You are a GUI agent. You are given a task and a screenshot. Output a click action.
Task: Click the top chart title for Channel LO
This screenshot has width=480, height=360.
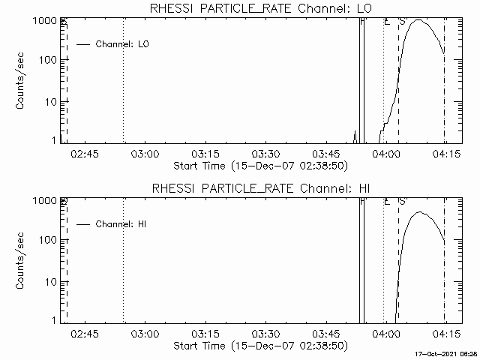click(x=259, y=8)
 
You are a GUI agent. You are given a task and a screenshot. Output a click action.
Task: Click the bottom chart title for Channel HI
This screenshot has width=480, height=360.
click(x=259, y=187)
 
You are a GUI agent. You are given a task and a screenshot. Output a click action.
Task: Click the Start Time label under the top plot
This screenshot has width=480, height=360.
click(x=259, y=166)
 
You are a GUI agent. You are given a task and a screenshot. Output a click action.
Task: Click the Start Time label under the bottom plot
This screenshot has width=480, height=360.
click(x=259, y=346)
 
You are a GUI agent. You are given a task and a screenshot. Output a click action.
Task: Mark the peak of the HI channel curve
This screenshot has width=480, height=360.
click(x=421, y=212)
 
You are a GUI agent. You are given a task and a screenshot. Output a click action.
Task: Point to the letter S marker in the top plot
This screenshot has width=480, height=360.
click(x=402, y=22)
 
